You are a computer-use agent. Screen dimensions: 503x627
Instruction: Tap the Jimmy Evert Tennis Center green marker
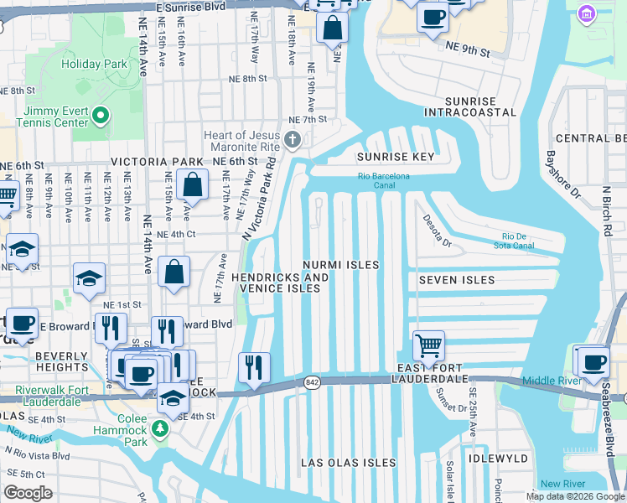[101, 115]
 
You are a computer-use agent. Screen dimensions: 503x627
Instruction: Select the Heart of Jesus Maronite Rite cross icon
[293, 140]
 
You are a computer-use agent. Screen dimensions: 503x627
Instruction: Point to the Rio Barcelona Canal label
[383, 180]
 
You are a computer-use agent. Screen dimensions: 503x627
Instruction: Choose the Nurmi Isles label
[341, 265]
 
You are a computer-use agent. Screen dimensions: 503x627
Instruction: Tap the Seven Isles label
[456, 280]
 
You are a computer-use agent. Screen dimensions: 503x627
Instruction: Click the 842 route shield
[312, 381]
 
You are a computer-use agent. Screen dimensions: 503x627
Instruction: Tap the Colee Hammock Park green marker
[160, 429]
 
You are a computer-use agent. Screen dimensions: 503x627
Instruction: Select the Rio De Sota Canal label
[529, 241]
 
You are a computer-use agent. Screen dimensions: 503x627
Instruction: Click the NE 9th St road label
[468, 50]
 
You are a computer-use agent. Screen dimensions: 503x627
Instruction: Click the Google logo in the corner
[28, 493]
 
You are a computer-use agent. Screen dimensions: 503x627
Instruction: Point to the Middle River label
[550, 381]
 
